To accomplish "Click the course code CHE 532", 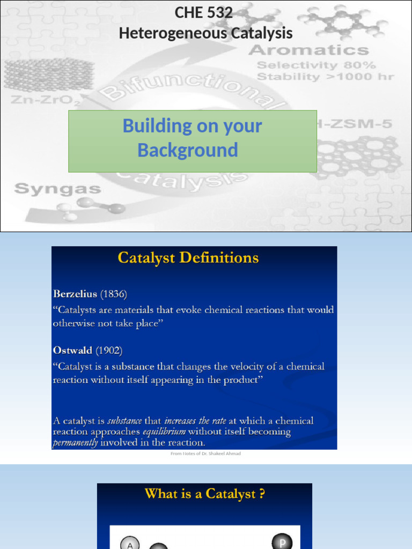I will click(x=204, y=13).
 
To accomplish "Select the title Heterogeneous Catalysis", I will click(x=205, y=33).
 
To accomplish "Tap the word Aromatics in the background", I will click(x=308, y=51).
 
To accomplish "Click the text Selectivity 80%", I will click(x=317, y=65).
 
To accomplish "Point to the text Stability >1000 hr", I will click(x=325, y=77).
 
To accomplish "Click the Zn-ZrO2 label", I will click(x=46, y=100).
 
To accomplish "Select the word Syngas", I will click(x=57, y=189).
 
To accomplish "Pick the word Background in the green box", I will click(x=187, y=151).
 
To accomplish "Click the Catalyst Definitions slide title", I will click(x=188, y=258).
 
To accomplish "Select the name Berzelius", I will click(x=75, y=294).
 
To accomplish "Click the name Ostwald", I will click(x=72, y=351).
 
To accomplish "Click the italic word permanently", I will click(x=75, y=443).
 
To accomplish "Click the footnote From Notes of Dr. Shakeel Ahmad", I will click(x=205, y=454).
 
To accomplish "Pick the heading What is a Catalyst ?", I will click(x=204, y=494).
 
